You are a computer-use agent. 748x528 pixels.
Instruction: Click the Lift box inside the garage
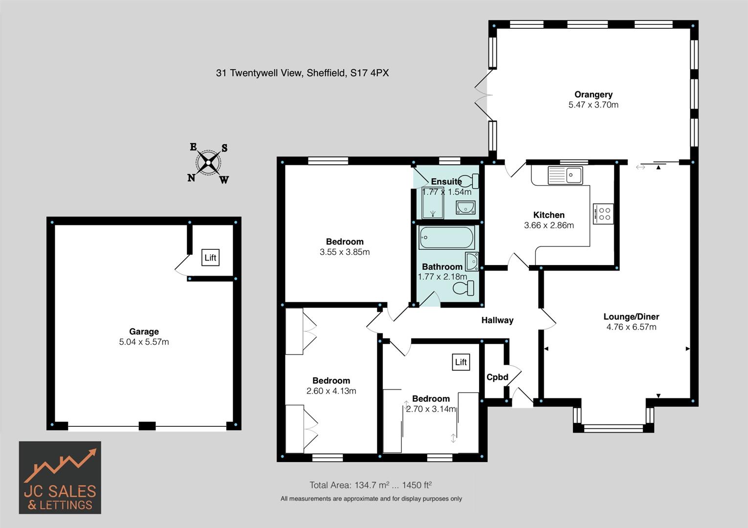[x=210, y=258]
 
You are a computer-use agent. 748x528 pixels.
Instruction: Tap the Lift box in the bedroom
[x=461, y=362]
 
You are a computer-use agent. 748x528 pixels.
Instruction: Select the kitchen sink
[x=565, y=175]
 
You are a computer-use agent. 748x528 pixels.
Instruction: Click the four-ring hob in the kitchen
[x=603, y=214]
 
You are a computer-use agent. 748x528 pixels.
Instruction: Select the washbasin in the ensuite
[x=465, y=208]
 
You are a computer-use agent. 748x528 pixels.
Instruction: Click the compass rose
[x=209, y=163]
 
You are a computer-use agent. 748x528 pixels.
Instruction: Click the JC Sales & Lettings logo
[x=60, y=478]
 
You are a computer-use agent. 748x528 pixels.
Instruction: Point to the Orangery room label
[x=593, y=94]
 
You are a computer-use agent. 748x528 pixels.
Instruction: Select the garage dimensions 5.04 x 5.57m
[x=144, y=342]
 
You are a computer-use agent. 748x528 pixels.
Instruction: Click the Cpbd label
[x=497, y=377]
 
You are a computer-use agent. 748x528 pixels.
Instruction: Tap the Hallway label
[x=497, y=320]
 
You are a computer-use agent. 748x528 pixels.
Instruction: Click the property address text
[x=302, y=73]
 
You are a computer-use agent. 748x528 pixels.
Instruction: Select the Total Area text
[x=370, y=485]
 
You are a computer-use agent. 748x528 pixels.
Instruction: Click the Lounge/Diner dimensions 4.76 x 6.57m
[x=631, y=327]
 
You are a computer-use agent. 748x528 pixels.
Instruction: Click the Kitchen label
[x=549, y=215]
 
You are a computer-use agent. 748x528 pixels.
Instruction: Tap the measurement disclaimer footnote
[x=371, y=499]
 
